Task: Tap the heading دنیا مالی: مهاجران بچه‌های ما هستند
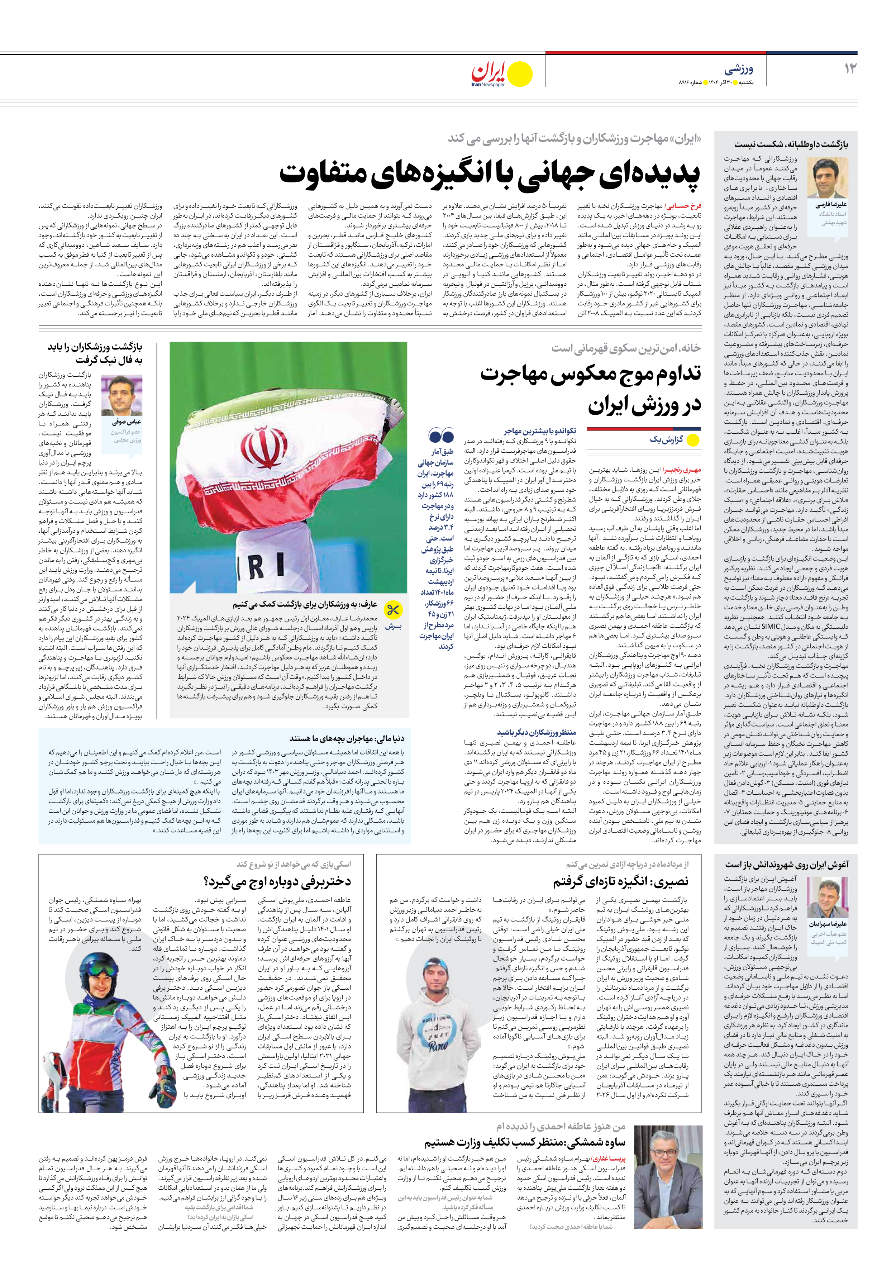(347, 739)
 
